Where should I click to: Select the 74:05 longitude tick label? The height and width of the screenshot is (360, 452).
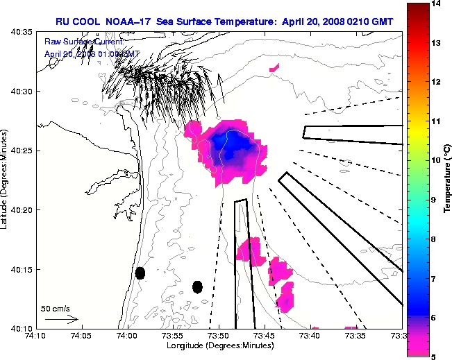(x=81, y=336)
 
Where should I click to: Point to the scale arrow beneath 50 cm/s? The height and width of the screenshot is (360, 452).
(x=60, y=320)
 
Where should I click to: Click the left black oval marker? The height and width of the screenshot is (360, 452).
(x=140, y=273)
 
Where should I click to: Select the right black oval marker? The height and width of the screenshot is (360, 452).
(x=197, y=286)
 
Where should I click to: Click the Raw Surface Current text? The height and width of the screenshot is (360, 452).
(x=83, y=43)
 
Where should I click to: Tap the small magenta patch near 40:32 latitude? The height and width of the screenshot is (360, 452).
(x=274, y=68)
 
